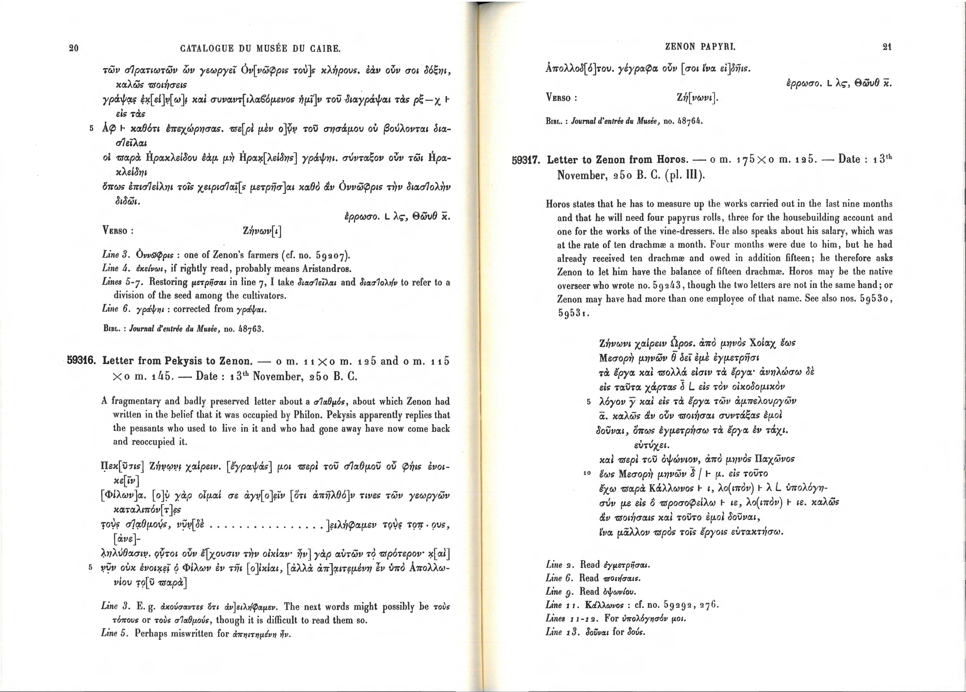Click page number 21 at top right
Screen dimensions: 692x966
[887, 47]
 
